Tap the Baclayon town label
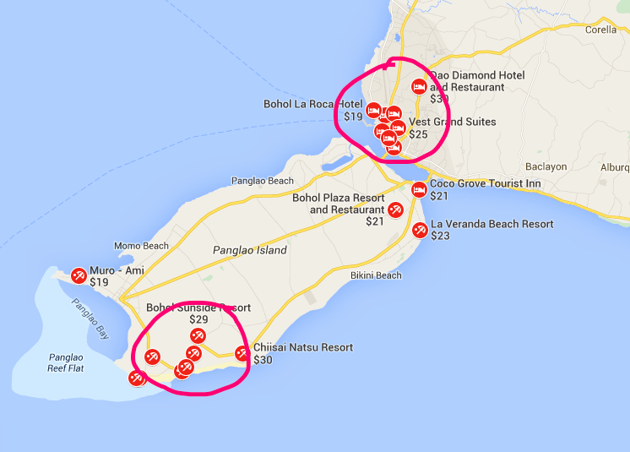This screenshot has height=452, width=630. pyautogui.click(x=546, y=166)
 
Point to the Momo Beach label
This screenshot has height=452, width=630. pyautogui.click(x=141, y=246)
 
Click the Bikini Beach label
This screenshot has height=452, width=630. pyautogui.click(x=376, y=275)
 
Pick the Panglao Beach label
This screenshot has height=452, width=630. pyautogui.click(x=262, y=181)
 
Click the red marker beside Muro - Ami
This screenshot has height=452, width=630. pyautogui.click(x=79, y=275)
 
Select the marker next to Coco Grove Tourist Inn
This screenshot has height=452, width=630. pyautogui.click(x=420, y=188)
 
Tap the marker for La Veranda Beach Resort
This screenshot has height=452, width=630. pyautogui.click(x=420, y=229)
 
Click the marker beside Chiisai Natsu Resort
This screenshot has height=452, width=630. pyautogui.click(x=242, y=353)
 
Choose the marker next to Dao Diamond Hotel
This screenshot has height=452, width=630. pyautogui.click(x=418, y=86)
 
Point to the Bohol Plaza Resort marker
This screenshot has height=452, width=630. pyautogui.click(x=394, y=210)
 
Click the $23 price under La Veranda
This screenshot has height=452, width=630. pyautogui.click(x=440, y=237)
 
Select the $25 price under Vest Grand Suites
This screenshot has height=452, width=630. pyautogui.click(x=419, y=133)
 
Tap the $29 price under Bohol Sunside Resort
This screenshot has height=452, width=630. pyautogui.click(x=198, y=319)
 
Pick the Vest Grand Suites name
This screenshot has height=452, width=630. pyautogui.click(x=452, y=122)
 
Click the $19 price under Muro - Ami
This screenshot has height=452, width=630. pyautogui.click(x=100, y=282)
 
